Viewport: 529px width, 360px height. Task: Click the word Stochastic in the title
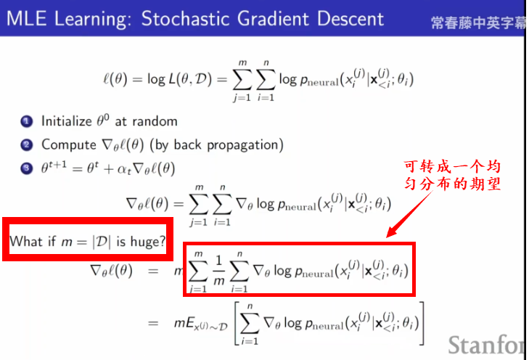pos(184,18)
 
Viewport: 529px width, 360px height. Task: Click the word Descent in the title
pos(350,18)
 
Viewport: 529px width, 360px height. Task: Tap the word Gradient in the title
pos(273,18)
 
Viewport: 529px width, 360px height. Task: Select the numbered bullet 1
pos(27,121)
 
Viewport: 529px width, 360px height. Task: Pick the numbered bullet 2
pos(27,145)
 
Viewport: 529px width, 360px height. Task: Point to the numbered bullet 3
pos(27,168)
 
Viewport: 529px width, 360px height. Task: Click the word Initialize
pos(67,121)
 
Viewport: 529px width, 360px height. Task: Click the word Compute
pos(69,145)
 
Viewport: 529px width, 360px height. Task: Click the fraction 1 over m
pos(218,270)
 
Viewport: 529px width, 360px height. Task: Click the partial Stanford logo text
pos(487,345)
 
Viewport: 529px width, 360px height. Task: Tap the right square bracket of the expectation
pos(421,324)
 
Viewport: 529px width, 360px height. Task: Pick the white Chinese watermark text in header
pos(478,23)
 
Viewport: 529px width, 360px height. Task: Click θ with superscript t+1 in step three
pos(54,167)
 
